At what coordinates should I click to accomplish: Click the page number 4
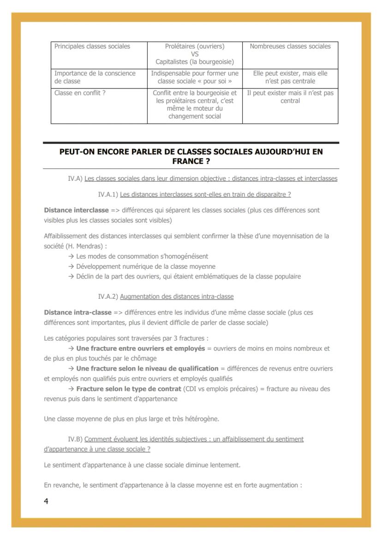[46, 501]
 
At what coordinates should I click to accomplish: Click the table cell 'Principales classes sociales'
[92, 46]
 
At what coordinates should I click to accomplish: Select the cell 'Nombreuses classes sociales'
[290, 46]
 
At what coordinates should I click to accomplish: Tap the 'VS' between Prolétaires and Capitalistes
[195, 54]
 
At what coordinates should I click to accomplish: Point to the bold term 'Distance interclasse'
[76, 210]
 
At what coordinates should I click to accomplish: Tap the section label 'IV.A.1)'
[108, 195]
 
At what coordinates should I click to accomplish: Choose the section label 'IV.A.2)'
[108, 297]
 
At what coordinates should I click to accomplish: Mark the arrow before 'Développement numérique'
[71, 267]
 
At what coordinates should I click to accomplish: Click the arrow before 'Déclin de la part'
[71, 277]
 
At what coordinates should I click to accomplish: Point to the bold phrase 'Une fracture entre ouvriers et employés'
[140, 348]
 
